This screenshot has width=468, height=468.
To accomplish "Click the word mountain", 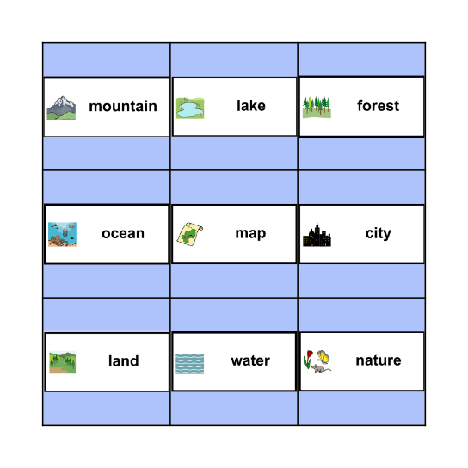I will (x=123, y=107).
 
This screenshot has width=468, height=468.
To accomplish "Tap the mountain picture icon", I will (x=61, y=108).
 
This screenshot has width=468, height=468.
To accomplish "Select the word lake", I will (x=251, y=107).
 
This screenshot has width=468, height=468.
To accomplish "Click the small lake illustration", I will (x=190, y=108).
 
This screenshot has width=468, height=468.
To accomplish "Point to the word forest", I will (x=379, y=107).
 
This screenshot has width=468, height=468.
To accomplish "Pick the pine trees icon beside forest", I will (x=317, y=107).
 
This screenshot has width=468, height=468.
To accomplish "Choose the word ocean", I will (x=123, y=234).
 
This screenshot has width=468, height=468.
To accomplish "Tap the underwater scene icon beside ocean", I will (x=62, y=234).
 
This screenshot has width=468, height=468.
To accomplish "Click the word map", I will (x=250, y=234).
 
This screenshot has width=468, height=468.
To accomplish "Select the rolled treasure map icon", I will (x=189, y=234).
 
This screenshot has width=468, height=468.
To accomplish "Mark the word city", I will (x=379, y=234).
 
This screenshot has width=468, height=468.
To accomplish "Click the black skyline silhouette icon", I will (x=317, y=235).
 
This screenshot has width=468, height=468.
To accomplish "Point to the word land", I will (x=124, y=361).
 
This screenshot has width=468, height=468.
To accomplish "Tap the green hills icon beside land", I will (x=63, y=362).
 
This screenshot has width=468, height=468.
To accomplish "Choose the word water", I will (x=250, y=361).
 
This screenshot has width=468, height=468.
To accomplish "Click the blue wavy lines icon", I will (x=190, y=363).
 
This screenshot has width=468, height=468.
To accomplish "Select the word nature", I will (x=379, y=361).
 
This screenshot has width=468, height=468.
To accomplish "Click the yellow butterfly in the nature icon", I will (x=324, y=355).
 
